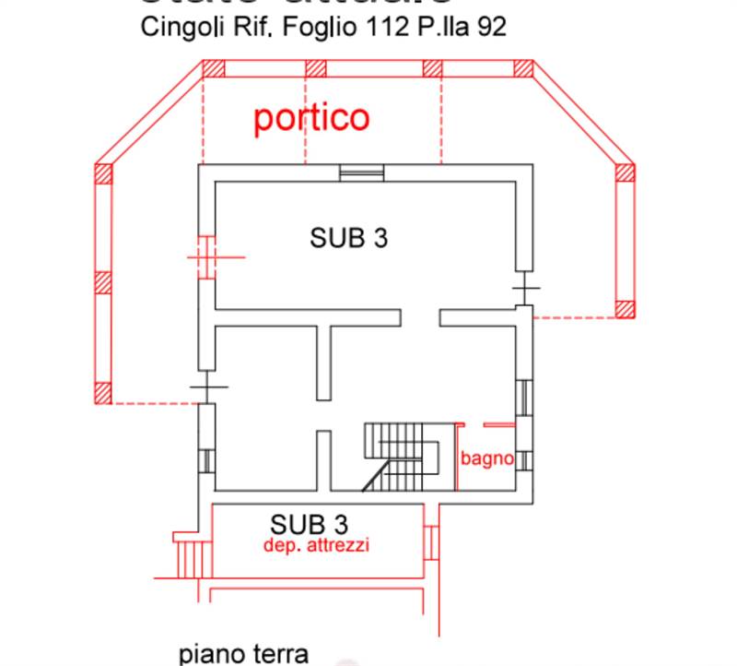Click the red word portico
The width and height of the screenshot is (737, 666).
click(x=311, y=118)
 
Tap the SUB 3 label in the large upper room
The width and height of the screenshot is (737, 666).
click(x=348, y=237)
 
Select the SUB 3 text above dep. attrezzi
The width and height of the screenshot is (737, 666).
click(x=309, y=525)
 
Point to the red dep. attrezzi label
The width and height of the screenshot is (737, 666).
click(x=316, y=545)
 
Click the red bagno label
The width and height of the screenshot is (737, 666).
click(x=486, y=458)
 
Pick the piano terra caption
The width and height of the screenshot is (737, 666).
click(x=243, y=654)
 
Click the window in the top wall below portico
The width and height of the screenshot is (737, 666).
click(x=360, y=172)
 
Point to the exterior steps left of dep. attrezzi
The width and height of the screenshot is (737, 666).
click(x=193, y=557)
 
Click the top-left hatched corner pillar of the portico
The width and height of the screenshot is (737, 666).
click(x=213, y=68)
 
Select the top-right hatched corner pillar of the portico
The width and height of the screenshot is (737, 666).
click(x=523, y=68)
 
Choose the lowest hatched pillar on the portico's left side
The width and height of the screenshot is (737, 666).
click(x=103, y=394)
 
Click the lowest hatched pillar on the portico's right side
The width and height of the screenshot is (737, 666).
click(x=626, y=309)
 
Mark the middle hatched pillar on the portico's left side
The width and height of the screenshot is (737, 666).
click(x=103, y=282)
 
